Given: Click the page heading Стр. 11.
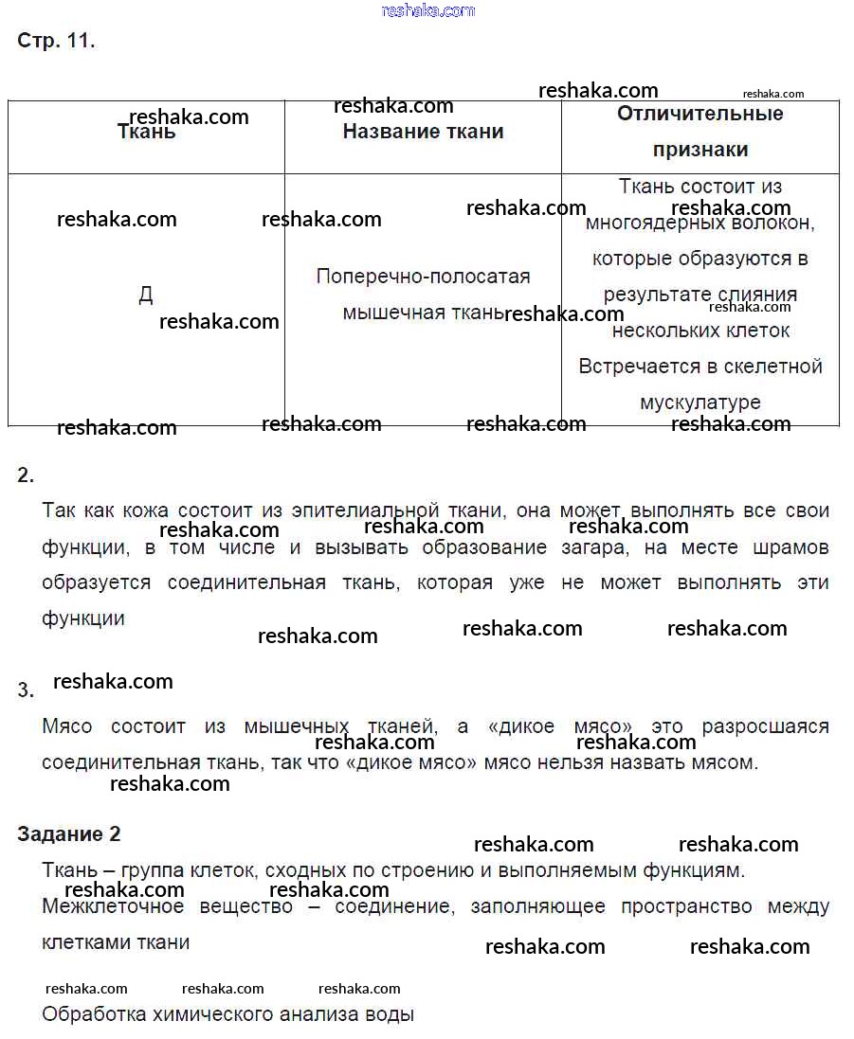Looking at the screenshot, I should click(56, 41).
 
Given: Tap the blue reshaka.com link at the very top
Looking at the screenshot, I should click(427, 10).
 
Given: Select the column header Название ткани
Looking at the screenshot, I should click(423, 132).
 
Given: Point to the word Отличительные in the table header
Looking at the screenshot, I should click(700, 114).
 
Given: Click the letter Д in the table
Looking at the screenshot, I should click(145, 295).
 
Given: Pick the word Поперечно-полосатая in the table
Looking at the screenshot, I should click(423, 277).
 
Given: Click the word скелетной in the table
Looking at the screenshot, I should click(774, 367).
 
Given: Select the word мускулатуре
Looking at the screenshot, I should click(700, 403).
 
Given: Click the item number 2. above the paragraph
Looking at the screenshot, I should click(26, 475).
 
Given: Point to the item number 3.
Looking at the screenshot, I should click(26, 690).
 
